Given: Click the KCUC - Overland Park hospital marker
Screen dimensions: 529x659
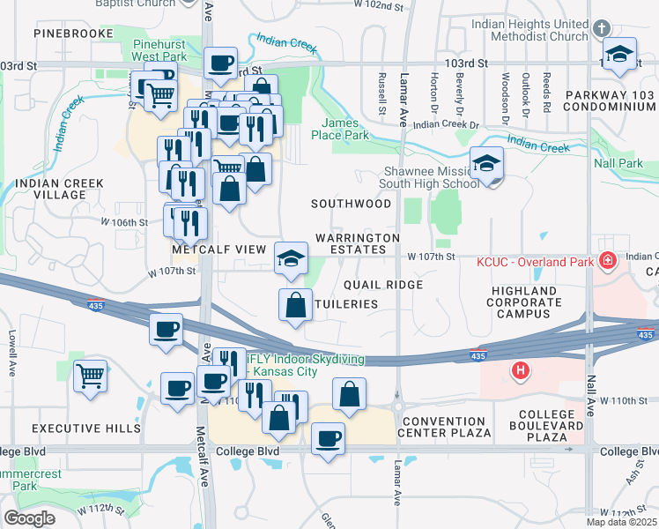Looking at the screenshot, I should (607, 261).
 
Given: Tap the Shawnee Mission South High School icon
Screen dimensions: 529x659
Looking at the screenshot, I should (485, 164).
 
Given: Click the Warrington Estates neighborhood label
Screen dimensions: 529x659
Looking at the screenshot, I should (358, 243).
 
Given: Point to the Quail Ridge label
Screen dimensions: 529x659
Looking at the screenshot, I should (383, 285).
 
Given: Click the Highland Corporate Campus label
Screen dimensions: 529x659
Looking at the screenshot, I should (524, 302).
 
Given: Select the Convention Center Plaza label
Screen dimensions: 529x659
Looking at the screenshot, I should (444, 427).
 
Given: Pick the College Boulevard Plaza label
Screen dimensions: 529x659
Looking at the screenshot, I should (551, 426).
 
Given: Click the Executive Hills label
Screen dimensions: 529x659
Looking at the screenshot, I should (86, 428).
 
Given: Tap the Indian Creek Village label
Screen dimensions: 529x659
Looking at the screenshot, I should (59, 189).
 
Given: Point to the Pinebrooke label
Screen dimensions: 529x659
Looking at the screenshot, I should (74, 33).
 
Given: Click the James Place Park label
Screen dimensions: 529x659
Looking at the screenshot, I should (339, 130).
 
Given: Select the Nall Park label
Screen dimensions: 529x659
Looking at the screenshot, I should (618, 163).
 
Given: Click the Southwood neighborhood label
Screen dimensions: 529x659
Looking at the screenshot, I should (351, 204).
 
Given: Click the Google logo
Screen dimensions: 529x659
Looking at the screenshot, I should (29, 518).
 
